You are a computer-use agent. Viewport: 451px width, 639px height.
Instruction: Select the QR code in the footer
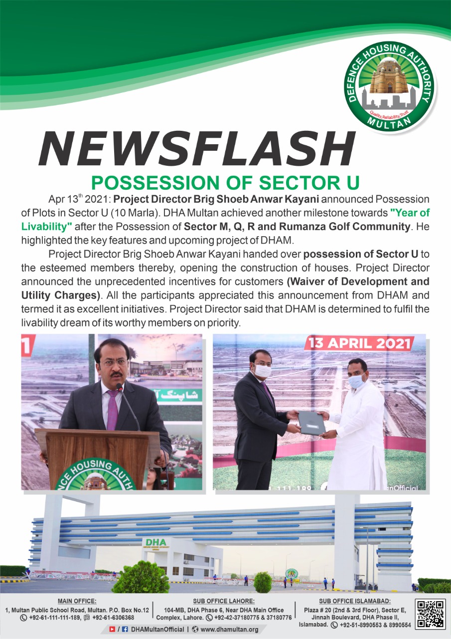431,614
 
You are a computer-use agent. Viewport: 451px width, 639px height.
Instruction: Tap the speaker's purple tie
112,409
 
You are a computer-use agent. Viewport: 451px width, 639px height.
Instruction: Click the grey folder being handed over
312,423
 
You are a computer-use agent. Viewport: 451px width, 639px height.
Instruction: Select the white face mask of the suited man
263,371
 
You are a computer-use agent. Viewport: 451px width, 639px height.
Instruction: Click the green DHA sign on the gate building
154,543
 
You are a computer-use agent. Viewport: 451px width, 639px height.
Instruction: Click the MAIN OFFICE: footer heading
77,601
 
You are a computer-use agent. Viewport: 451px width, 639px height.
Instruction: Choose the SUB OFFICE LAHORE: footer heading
224,601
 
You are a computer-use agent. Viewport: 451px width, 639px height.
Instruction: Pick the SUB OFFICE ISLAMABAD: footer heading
355,601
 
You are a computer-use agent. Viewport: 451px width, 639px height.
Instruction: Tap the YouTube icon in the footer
112,629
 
